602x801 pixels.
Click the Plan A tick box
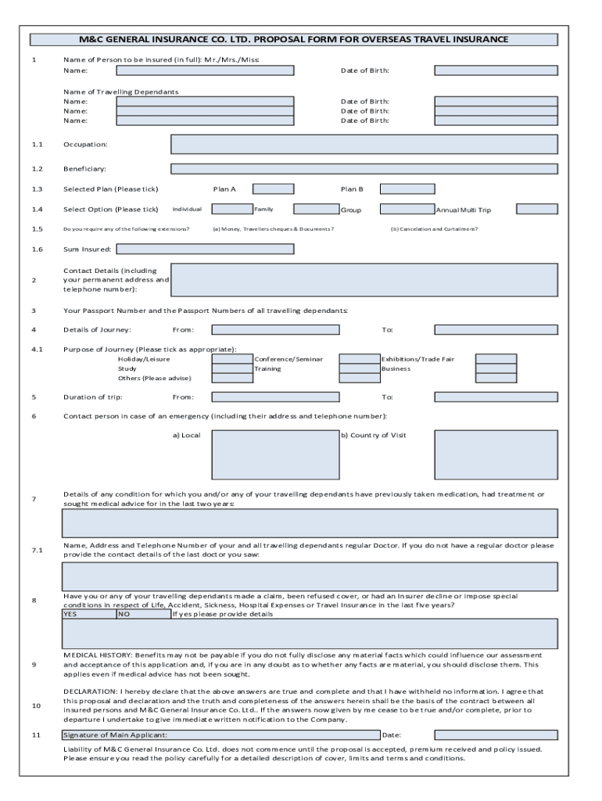tap(273, 189)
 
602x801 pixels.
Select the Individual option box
tap(232, 209)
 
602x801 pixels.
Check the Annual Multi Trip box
tap(537, 209)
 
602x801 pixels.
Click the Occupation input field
tap(364, 144)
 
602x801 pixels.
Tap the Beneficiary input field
tap(364, 168)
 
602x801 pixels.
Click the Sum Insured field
tap(205, 250)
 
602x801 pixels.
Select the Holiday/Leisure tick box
tap(232, 359)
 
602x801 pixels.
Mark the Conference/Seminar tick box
tap(360, 359)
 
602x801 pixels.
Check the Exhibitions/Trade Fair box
tap(496, 359)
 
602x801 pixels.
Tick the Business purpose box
tap(496, 368)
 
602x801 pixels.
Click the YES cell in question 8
tap(88, 614)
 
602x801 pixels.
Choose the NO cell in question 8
tap(143, 614)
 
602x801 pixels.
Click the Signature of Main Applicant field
tap(220, 735)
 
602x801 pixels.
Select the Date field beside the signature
tap(496, 735)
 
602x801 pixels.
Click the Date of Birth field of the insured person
tap(496, 70)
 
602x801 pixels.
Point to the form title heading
tap(293, 39)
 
